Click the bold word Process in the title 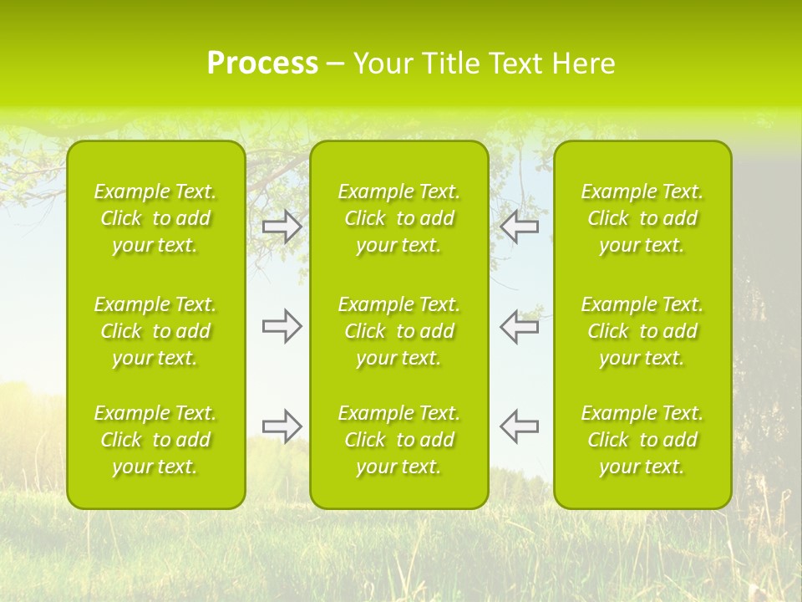[262, 64]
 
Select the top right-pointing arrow [282, 227]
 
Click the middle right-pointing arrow [282, 326]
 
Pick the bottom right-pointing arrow [282, 426]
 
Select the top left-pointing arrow [519, 227]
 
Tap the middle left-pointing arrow [519, 326]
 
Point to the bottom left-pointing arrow [519, 426]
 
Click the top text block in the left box [155, 218]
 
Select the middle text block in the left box [155, 331]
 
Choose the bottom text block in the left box [155, 440]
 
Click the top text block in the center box [399, 218]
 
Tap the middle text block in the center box [399, 331]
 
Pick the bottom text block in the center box [399, 440]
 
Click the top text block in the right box [642, 218]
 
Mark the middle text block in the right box [642, 331]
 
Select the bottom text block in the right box [642, 440]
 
